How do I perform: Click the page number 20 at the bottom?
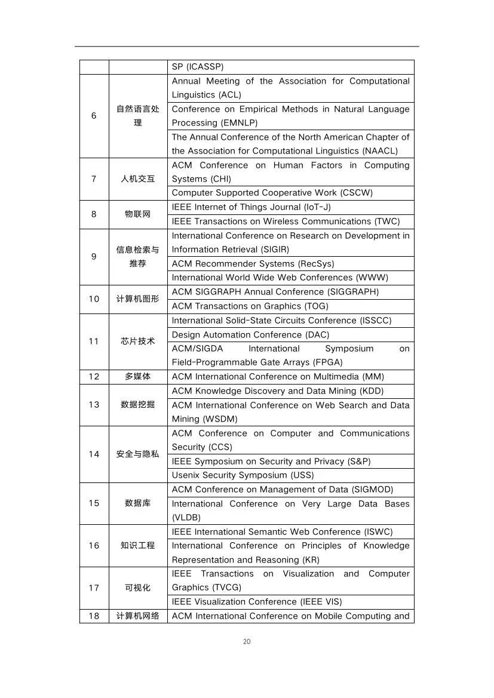[x=247, y=641]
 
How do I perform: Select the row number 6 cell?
[x=94, y=116]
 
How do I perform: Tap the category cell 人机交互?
[x=137, y=179]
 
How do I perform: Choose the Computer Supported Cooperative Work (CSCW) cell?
[x=290, y=193]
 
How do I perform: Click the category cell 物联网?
[x=137, y=214]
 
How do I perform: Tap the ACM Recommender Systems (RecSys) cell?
[x=290, y=263]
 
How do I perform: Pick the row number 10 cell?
[x=94, y=299]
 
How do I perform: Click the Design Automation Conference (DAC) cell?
[x=290, y=335]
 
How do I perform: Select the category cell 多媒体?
[x=137, y=377]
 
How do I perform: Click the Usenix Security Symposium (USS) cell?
[x=290, y=475]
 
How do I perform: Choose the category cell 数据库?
[x=137, y=503]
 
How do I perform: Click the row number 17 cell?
[x=94, y=588]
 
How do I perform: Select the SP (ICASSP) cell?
[x=290, y=67]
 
